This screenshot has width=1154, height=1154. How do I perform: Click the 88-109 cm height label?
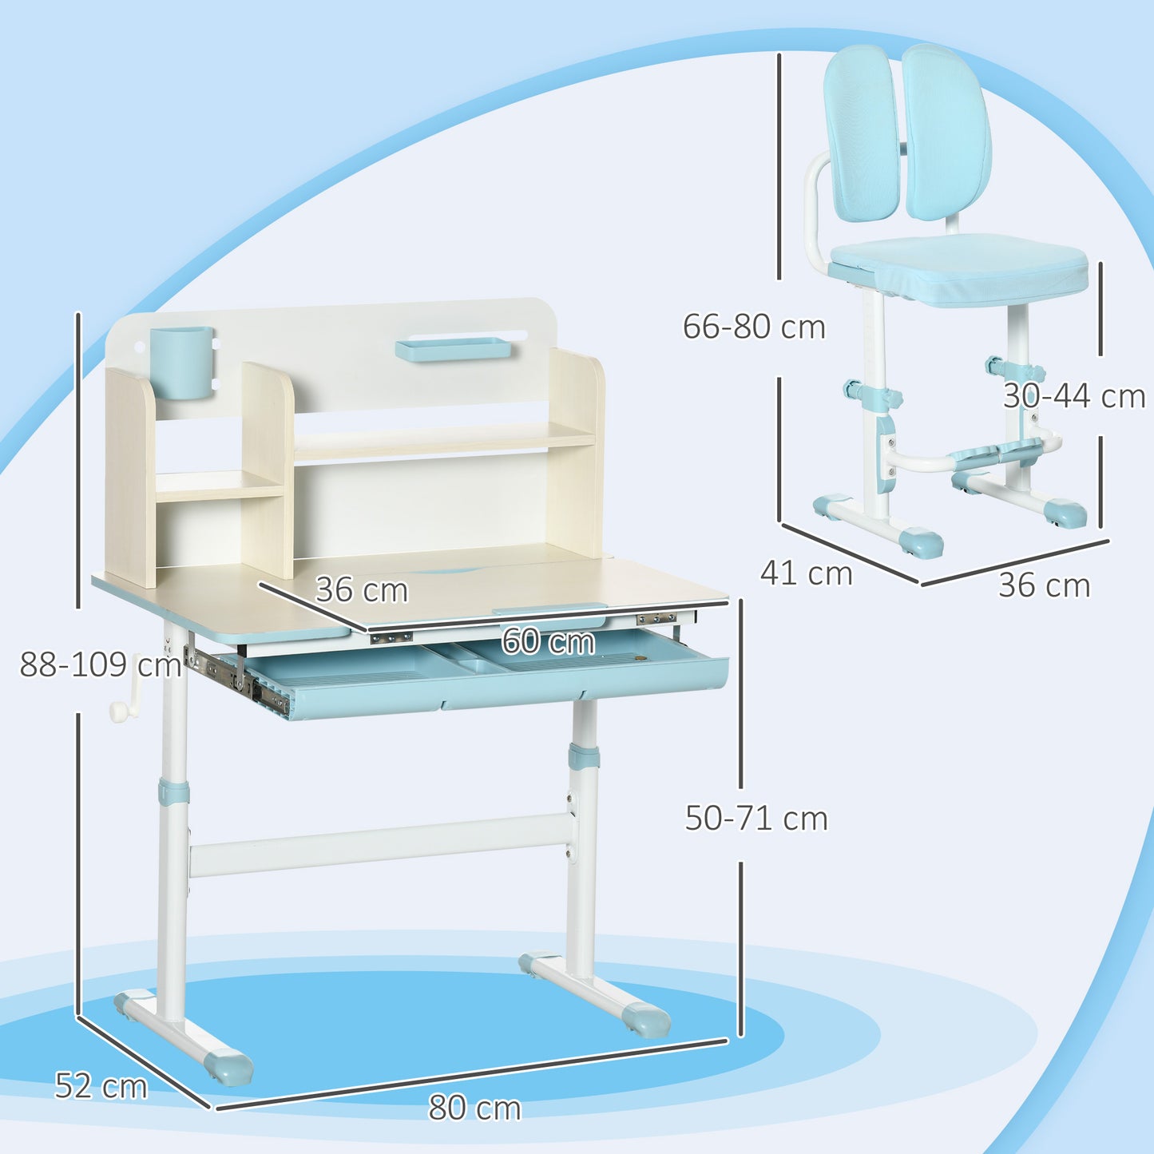click(x=101, y=664)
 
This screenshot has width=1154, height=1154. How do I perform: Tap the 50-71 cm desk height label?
click(x=756, y=819)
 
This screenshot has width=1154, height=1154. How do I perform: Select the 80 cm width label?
click(x=474, y=1108)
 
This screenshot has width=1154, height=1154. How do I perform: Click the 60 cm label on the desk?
click(x=548, y=641)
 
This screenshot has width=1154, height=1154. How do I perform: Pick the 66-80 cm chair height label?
click(x=754, y=327)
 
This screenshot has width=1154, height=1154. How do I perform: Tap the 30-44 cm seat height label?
click(x=1074, y=396)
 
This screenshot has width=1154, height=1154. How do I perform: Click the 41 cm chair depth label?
click(x=806, y=573)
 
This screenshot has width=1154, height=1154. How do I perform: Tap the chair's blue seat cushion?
click(x=958, y=272)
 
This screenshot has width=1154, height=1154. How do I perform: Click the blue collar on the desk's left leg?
click(x=173, y=791)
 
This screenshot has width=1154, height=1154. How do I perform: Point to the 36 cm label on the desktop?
click(x=362, y=590)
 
